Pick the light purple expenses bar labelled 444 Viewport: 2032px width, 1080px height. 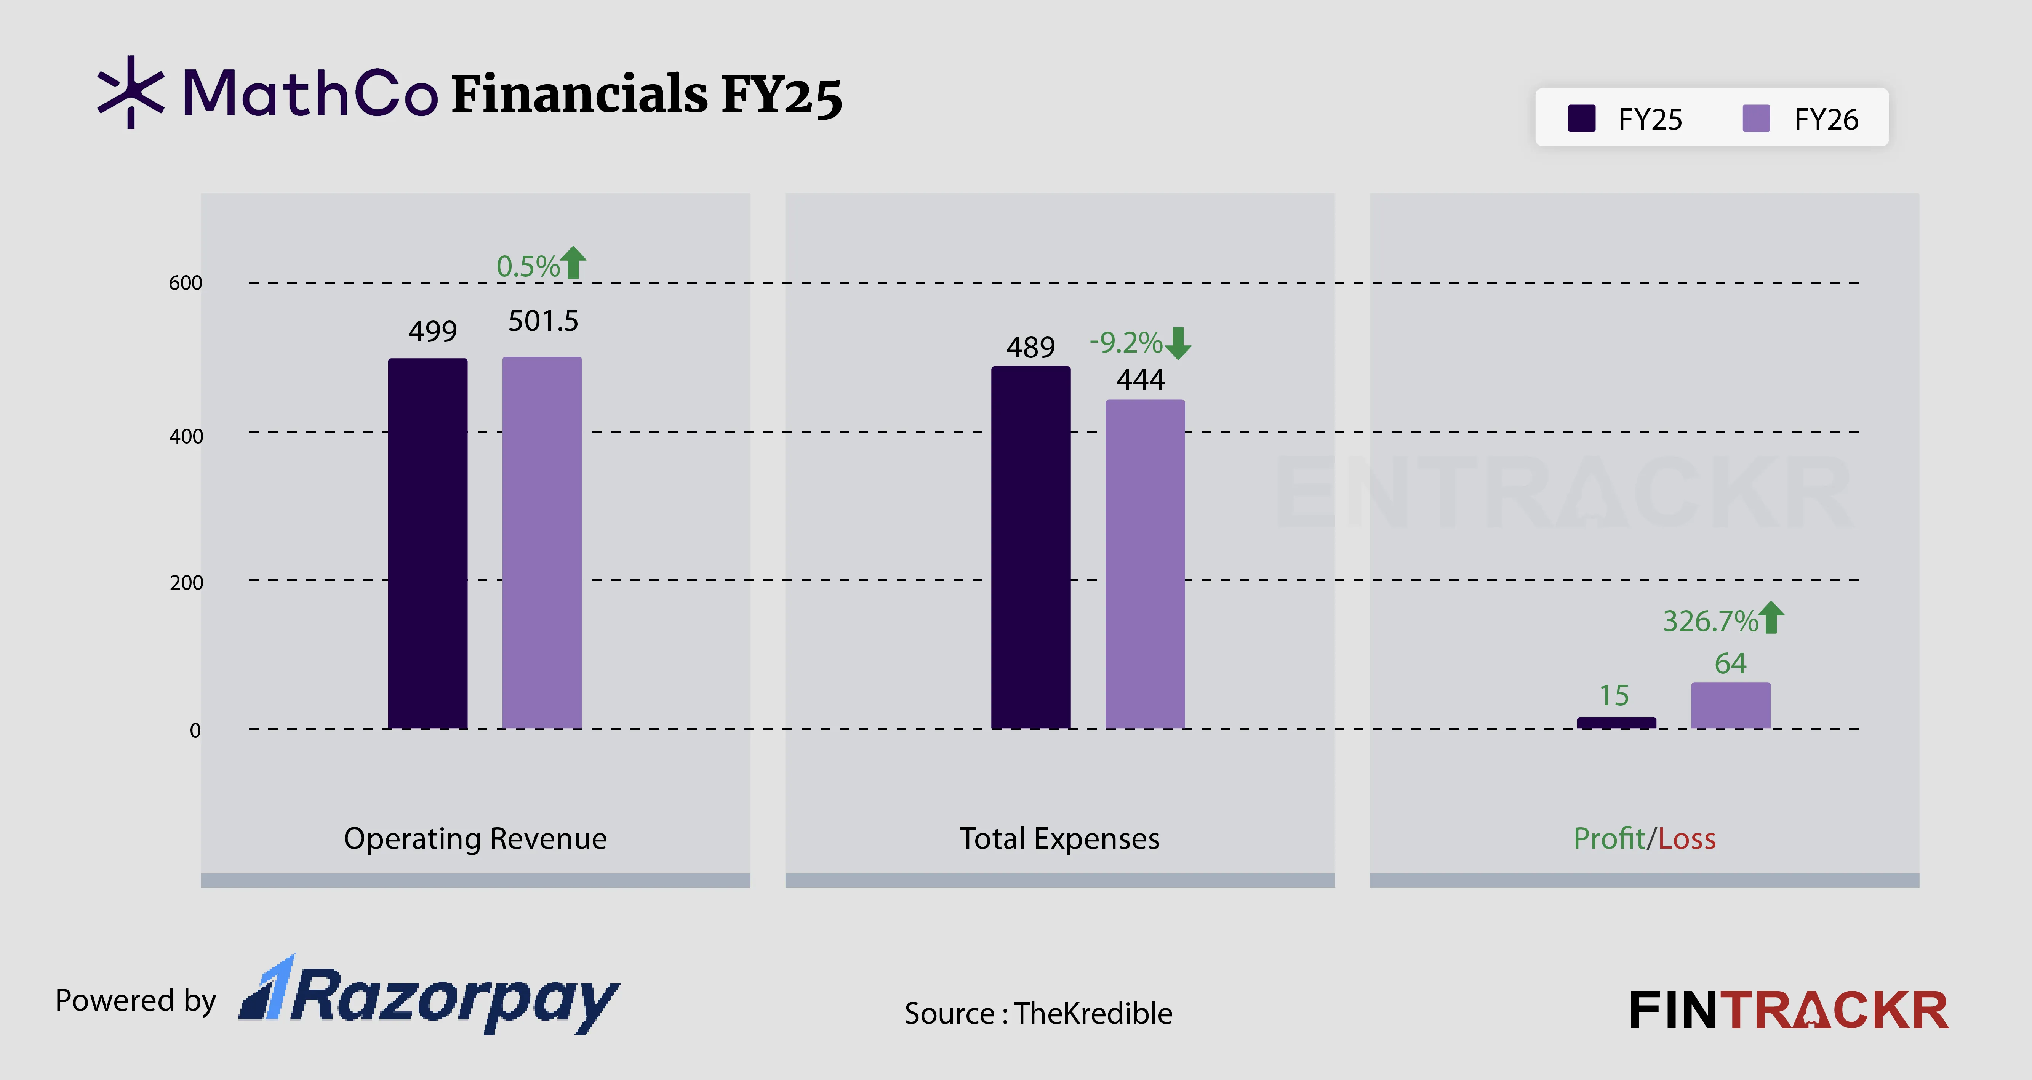pyautogui.click(x=1145, y=564)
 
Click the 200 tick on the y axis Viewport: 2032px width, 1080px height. pyautogui.click(x=186, y=583)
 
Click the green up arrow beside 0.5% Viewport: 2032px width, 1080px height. pyautogui.click(x=573, y=263)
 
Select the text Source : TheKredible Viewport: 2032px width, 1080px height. pyautogui.click(x=1038, y=1013)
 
